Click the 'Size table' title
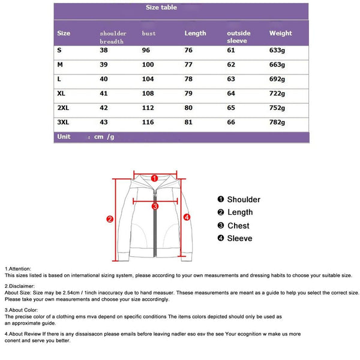161,8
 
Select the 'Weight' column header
281,34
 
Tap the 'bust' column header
149,34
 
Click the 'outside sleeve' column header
239,37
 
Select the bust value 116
148,123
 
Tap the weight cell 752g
278,108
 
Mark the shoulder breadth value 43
104,123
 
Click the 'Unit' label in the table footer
63,137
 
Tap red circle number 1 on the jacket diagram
154,178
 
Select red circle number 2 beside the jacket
109,219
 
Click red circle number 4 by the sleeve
187,217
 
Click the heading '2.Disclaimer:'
20,286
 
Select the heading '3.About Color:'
22,310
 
